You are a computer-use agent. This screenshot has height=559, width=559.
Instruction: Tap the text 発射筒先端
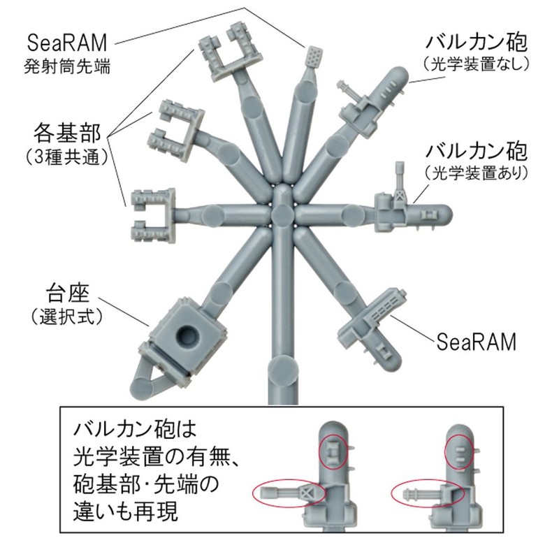click(x=67, y=68)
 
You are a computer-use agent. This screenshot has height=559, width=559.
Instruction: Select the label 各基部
click(x=67, y=131)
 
